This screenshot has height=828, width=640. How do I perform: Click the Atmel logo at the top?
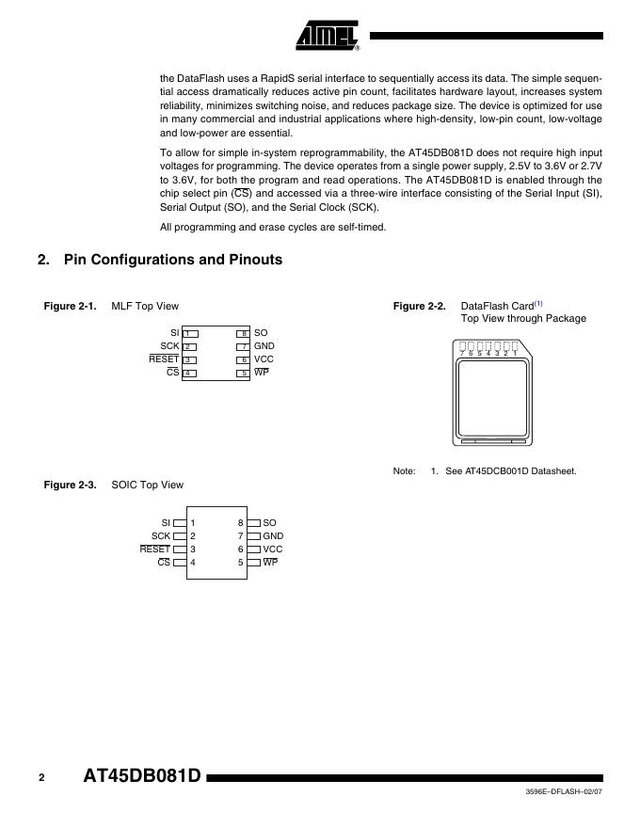click(x=328, y=35)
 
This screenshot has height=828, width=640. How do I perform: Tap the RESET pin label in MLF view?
click(x=164, y=359)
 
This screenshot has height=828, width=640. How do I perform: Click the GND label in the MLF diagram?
click(x=264, y=346)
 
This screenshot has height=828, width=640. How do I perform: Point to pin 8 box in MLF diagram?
click(x=243, y=334)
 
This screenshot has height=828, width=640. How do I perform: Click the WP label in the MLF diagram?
click(x=262, y=373)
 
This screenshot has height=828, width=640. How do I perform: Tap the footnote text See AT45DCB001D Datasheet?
click(x=509, y=471)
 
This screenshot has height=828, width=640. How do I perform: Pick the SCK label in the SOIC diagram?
click(x=161, y=535)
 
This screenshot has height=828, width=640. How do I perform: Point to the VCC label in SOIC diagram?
click(x=273, y=549)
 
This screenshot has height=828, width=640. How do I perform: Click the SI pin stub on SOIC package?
click(x=180, y=522)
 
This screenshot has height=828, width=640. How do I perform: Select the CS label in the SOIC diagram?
click(x=164, y=562)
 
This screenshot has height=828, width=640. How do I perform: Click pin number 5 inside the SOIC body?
click(x=241, y=562)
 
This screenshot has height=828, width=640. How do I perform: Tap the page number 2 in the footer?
click(x=41, y=778)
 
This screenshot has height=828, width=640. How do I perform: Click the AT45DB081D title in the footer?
click(x=143, y=777)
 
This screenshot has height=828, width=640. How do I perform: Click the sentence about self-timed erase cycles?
click(x=273, y=227)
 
